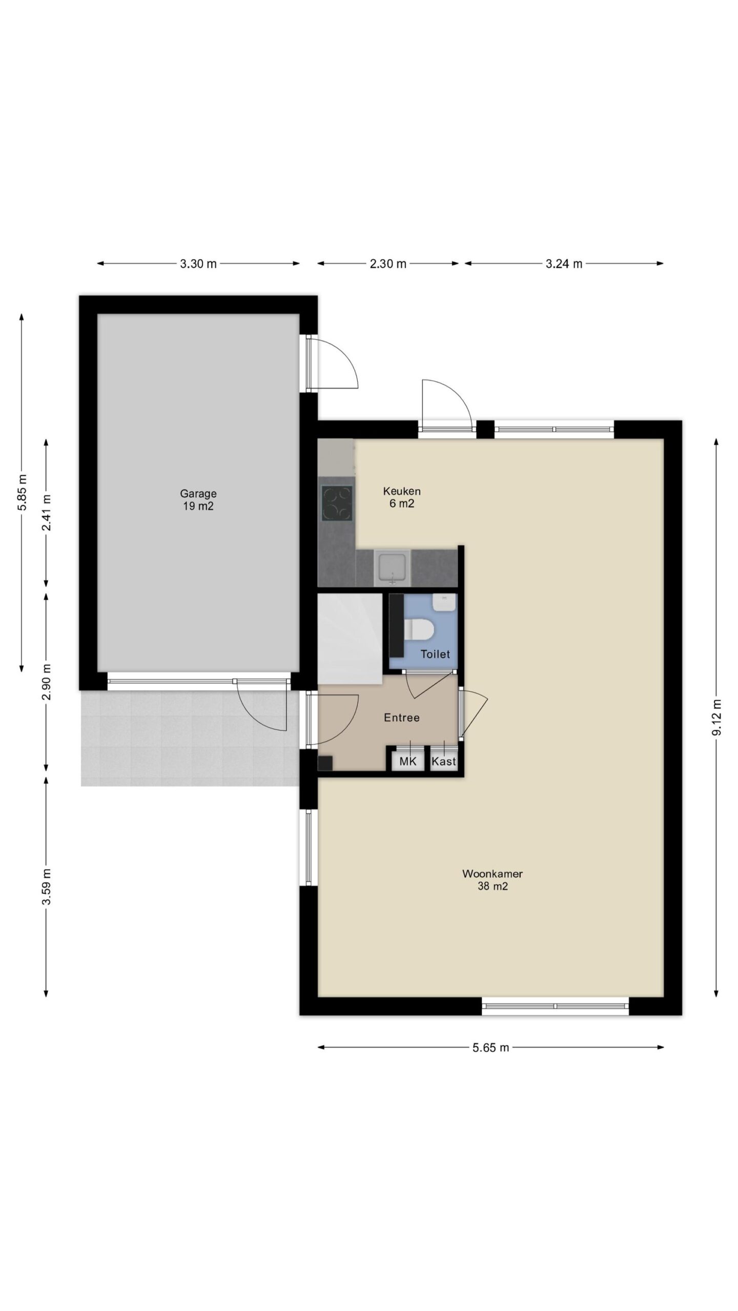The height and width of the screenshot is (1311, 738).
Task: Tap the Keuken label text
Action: coord(402,491)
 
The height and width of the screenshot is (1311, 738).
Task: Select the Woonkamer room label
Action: coord(493,874)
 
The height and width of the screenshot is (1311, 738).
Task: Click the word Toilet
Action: coord(435,654)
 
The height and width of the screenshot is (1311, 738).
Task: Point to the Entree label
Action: coord(402,718)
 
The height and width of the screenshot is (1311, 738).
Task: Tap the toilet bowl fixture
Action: coord(419,629)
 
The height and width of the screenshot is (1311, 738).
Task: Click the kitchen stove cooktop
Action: coord(337,503)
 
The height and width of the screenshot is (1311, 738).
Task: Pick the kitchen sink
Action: coord(393,567)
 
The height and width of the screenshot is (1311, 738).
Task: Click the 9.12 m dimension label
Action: coord(716,717)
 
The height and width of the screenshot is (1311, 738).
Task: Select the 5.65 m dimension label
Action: coord(490,1047)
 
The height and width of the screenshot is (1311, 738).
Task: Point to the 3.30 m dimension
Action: coord(198,264)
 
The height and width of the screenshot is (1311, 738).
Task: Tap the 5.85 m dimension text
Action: coord(22,492)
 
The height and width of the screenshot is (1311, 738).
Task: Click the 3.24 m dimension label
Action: coord(564,264)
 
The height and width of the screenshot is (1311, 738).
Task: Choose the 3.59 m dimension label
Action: coord(46,887)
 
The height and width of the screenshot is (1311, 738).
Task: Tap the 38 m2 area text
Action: coord(493,886)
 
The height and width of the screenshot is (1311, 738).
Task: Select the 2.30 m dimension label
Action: coord(388,264)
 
